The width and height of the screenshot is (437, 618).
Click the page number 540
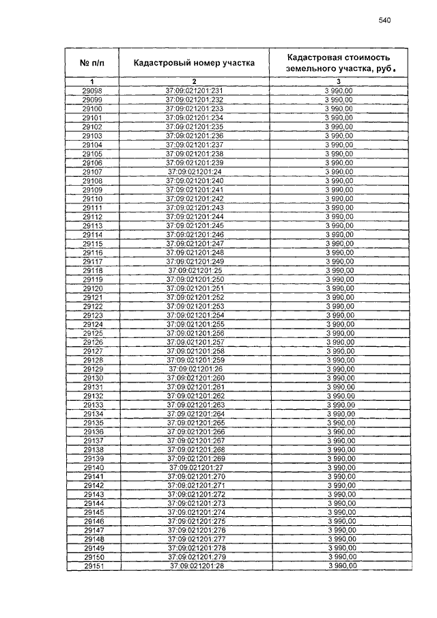(x=384, y=21)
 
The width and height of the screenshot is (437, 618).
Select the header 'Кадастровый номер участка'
(x=195, y=63)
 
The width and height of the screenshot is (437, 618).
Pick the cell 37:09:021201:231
(x=195, y=91)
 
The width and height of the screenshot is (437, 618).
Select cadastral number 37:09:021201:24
(x=195, y=171)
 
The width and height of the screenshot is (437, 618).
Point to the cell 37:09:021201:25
(x=195, y=270)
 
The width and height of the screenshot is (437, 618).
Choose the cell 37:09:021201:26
(x=195, y=369)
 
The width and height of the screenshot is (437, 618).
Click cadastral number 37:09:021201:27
(x=195, y=468)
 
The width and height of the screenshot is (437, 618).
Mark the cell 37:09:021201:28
(x=195, y=567)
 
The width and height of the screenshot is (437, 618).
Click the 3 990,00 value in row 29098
(x=339, y=91)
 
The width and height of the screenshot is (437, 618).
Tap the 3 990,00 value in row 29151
(x=339, y=567)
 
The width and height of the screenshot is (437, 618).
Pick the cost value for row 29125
(x=339, y=333)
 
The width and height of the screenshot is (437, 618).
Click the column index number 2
(x=195, y=82)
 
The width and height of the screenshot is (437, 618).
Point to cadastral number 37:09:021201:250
(x=195, y=279)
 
